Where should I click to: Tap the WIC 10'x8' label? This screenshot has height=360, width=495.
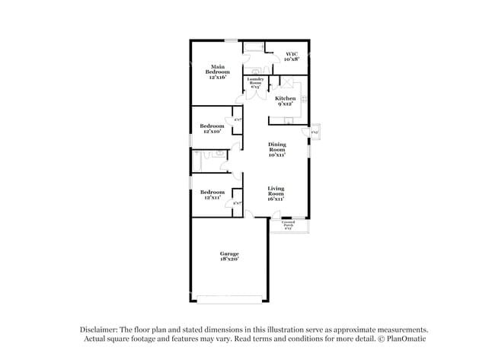click(x=291, y=56)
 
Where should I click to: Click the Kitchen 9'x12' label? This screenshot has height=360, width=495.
click(x=286, y=101)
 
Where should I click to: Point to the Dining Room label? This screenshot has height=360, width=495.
click(x=276, y=150)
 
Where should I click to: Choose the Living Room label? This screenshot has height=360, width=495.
click(x=276, y=193)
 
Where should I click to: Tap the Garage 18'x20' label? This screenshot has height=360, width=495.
click(x=230, y=256)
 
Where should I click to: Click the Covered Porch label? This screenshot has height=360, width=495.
click(x=289, y=225)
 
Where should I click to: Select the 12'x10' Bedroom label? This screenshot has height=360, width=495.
click(x=212, y=129)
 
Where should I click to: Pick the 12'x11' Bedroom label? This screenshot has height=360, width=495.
click(x=212, y=195)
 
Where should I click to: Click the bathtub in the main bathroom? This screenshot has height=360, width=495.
click(x=254, y=47)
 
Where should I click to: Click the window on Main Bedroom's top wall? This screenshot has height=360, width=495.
click(x=230, y=40)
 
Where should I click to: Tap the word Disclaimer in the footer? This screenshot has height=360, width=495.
click(x=103, y=330)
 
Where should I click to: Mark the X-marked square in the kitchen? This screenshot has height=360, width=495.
click(x=289, y=83)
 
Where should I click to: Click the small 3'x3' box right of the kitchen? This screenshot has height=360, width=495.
click(x=315, y=132)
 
